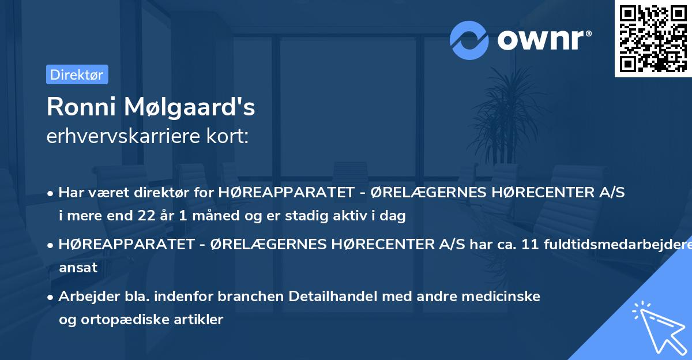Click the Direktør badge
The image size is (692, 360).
point(77,74)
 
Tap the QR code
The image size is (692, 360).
point(653,38)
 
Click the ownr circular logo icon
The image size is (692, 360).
point(469,40)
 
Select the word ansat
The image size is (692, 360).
point(78,268)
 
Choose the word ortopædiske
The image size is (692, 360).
point(118,320)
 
